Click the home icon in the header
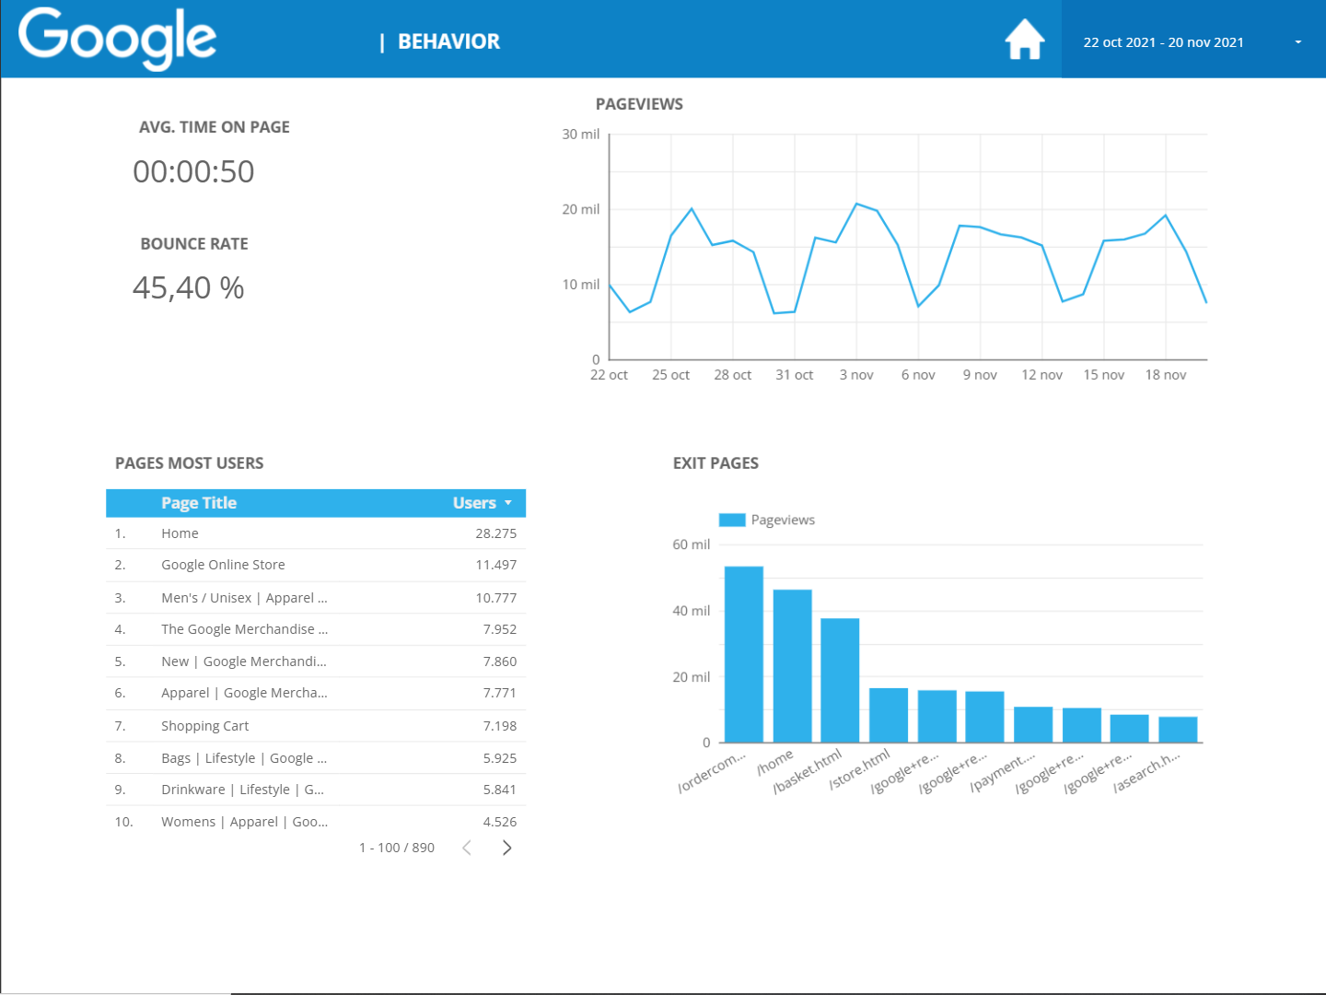click(1024, 41)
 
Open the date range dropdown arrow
click(1298, 42)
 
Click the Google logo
click(118, 39)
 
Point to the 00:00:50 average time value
click(193, 172)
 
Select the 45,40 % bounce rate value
click(189, 288)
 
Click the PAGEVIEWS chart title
click(639, 104)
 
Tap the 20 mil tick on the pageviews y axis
click(580, 210)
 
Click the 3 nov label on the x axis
click(856, 375)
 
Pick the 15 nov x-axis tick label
click(1103, 375)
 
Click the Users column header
click(475, 503)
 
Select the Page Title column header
click(199, 503)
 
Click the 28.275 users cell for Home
click(495, 533)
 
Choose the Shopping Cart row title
click(204, 726)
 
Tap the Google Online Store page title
click(223, 565)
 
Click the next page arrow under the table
click(506, 848)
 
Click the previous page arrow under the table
click(467, 848)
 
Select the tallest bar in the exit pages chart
click(744, 654)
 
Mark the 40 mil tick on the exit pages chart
click(691, 611)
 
